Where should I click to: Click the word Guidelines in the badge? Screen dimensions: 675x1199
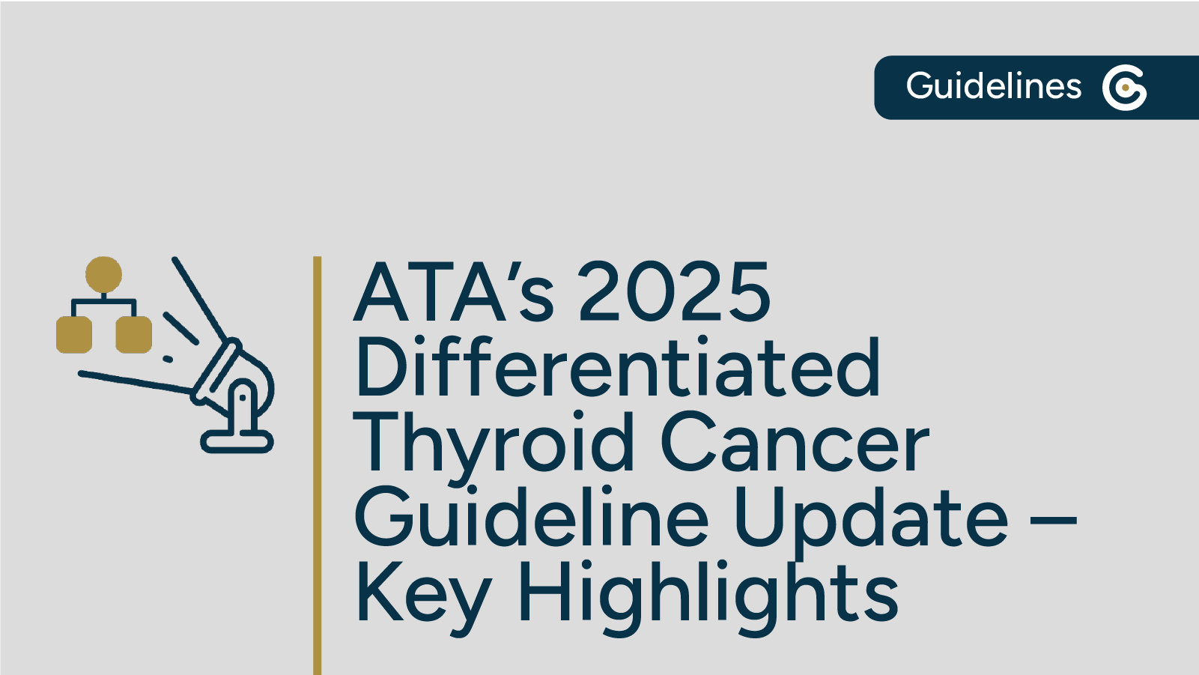coord(993,86)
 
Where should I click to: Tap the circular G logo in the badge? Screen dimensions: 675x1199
coord(1124,88)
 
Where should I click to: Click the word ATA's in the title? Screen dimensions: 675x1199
coord(454,292)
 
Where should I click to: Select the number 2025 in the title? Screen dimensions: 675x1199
coord(674,292)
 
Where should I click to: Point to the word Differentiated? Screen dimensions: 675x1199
coord(618,368)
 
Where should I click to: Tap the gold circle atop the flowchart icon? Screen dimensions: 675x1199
coord(103,274)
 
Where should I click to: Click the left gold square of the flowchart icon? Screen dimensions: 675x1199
coord(74,334)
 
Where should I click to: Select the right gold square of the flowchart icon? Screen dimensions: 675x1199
coord(134,334)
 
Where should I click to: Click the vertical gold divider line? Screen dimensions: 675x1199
coord(318,464)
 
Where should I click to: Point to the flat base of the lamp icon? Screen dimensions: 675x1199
coord(237,442)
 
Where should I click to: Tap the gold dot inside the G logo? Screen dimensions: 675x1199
coord(1125,88)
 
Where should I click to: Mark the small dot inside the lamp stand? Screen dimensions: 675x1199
coord(243,397)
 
